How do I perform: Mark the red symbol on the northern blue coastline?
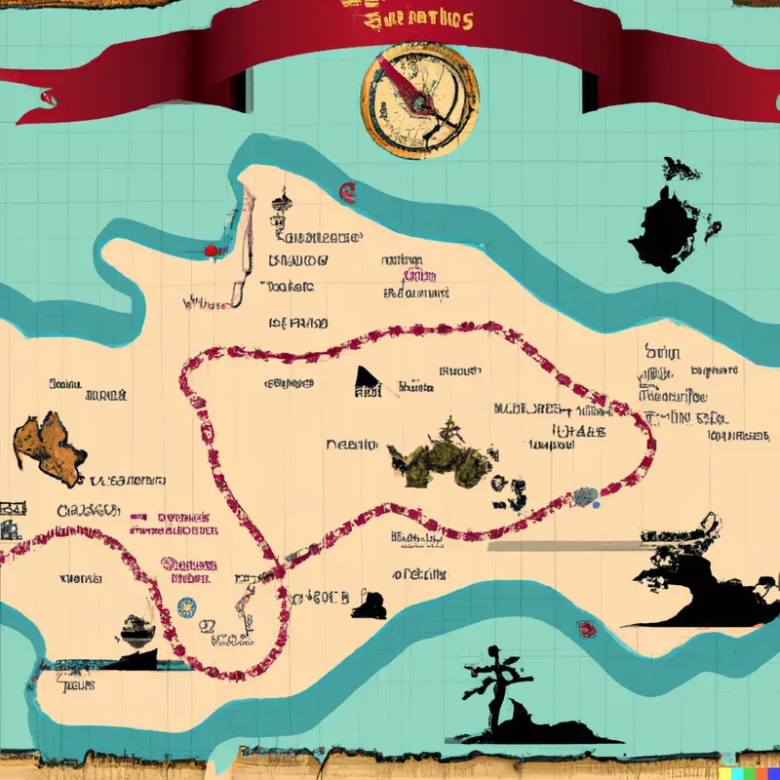[344, 191]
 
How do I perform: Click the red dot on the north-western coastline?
[208, 251]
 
